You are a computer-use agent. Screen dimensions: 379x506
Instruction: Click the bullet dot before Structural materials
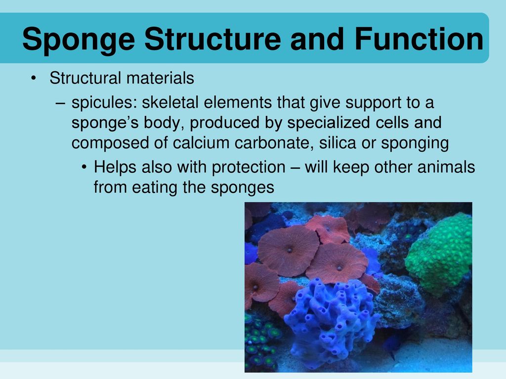click(33, 79)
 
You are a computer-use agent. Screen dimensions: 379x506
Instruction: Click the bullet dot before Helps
click(85, 168)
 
